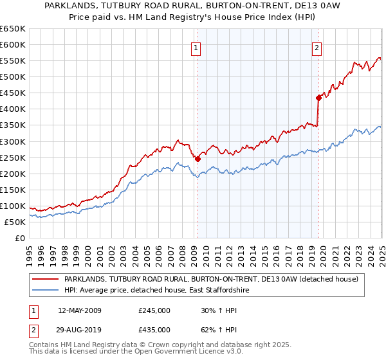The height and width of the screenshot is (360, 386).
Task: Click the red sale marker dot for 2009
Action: coord(198,159)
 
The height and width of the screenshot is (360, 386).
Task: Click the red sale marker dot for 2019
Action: coord(318,98)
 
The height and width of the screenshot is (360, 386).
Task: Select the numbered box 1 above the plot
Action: coord(195,47)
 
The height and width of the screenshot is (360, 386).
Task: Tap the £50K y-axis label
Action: coord(15,222)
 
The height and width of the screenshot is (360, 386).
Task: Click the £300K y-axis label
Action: coord(12,141)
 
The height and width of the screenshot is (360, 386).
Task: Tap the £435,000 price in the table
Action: coord(154,330)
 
